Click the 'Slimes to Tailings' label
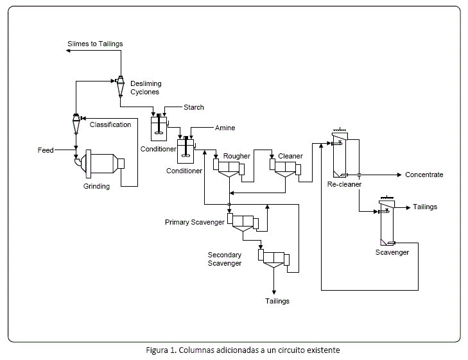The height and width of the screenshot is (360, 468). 95,44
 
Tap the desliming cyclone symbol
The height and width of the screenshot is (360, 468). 120,83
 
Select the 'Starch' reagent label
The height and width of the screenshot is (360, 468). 194,107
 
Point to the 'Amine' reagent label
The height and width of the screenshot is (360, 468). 225,128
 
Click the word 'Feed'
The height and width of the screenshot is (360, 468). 46,150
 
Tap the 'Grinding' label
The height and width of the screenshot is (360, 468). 96,187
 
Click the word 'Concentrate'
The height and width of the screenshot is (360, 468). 424,175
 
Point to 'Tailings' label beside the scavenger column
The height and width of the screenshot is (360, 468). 425,207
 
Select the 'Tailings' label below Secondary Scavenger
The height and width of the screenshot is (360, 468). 277,300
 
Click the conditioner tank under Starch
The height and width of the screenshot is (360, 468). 158,128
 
